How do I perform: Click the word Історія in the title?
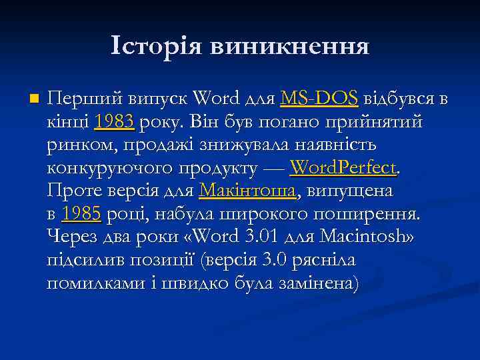point(157,47)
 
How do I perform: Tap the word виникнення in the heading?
point(289,47)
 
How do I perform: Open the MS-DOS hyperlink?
point(319,99)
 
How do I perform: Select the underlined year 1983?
point(115,122)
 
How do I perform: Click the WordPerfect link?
point(344,167)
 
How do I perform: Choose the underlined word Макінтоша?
point(247,191)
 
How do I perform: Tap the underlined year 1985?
point(81,213)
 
